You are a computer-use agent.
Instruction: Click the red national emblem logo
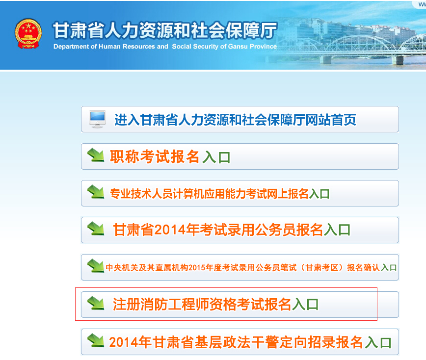[28, 34]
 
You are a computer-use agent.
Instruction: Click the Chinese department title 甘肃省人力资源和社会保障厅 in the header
[165, 30]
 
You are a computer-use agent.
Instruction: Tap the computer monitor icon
[97, 119]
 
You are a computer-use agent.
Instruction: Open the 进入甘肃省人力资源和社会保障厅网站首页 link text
[235, 120]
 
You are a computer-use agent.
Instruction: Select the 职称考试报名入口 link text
[170, 157]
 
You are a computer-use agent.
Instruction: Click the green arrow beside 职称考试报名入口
[96, 155]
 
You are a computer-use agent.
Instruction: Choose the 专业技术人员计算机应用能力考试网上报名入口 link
[219, 194]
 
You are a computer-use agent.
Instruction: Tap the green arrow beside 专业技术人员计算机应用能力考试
[96, 191]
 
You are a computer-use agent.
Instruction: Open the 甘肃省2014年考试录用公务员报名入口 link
[232, 230]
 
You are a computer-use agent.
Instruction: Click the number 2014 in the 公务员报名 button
[170, 230]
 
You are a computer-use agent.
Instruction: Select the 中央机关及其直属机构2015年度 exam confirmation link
[251, 268]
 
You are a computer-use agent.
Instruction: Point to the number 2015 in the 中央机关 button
[197, 268]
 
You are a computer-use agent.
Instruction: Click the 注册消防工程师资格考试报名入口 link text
[216, 305]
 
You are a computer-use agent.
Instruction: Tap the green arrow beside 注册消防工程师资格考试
[96, 303]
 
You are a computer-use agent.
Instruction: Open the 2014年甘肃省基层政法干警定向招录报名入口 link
[250, 342]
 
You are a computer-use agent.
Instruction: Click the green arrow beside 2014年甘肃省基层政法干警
[96, 340]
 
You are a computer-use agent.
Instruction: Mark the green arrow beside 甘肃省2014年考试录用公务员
[96, 229]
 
